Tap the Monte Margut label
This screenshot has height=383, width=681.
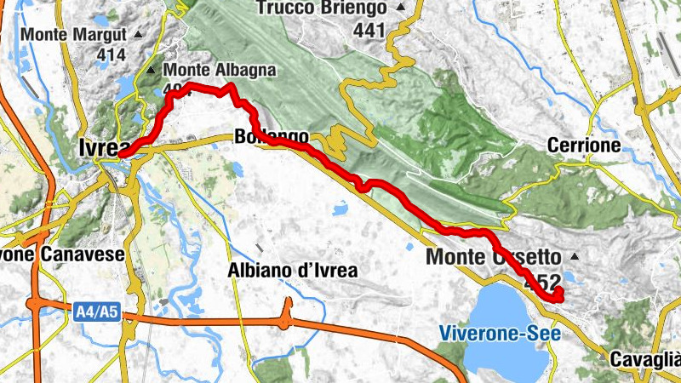coord(75,36)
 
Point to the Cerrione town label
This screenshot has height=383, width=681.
coord(584,146)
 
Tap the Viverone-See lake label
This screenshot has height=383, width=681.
coord(501,333)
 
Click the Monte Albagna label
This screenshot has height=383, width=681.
coord(219,70)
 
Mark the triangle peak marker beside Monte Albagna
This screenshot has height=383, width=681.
coord(152,71)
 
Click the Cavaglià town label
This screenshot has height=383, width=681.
coord(644,359)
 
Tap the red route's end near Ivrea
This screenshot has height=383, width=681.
coord(123,155)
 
